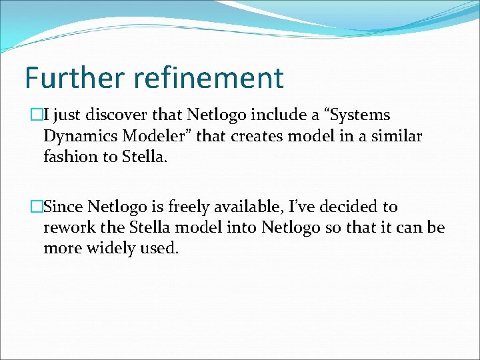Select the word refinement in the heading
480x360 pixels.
click(209, 77)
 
